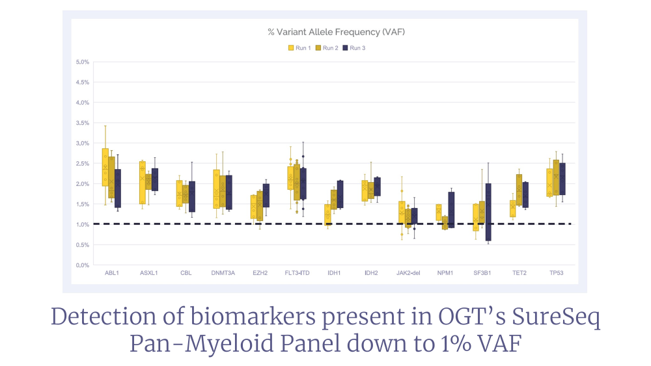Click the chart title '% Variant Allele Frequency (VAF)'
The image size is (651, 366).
pyautogui.click(x=336, y=32)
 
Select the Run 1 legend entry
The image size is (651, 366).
pyautogui.click(x=299, y=48)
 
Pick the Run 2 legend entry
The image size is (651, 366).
pyautogui.click(x=327, y=48)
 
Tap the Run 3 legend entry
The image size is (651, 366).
pyautogui.click(x=354, y=48)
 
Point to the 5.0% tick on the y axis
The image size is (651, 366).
pyautogui.click(x=82, y=62)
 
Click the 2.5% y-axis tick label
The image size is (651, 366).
pyautogui.click(x=82, y=164)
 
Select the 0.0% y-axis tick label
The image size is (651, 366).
pyautogui.click(x=82, y=265)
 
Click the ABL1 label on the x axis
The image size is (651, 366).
pyautogui.click(x=112, y=273)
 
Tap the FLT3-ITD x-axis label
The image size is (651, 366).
pyautogui.click(x=297, y=273)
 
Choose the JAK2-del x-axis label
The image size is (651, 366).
pyautogui.click(x=408, y=273)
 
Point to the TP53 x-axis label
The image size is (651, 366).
pyautogui.click(x=557, y=273)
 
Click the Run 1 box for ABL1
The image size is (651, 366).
pyautogui.click(x=105, y=167)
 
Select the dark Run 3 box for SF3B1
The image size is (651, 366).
pyautogui.click(x=488, y=212)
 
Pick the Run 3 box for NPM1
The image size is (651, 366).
pyautogui.click(x=451, y=210)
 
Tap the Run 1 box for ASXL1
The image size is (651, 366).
pyautogui.click(x=143, y=183)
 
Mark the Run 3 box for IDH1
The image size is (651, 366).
pyautogui.click(x=340, y=194)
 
